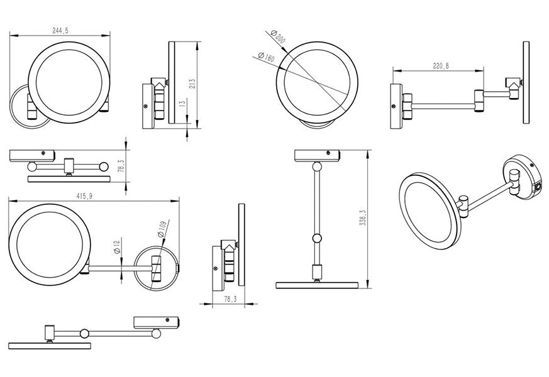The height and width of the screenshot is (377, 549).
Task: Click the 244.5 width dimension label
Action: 60,30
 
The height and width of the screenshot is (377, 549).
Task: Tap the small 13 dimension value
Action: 182,104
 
